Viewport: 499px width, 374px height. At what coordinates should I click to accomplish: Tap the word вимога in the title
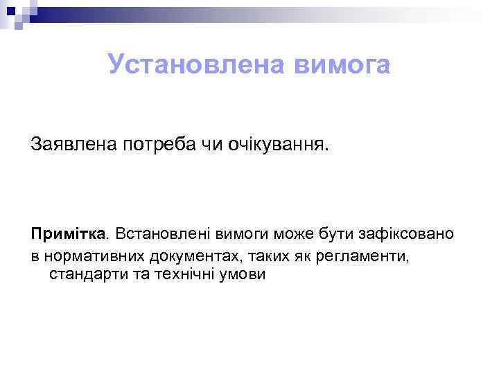pyautogui.click(x=342, y=65)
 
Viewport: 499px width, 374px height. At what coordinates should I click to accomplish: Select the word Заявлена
pyautogui.click(x=74, y=145)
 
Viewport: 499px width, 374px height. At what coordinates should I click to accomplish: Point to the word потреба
pyautogui.click(x=161, y=145)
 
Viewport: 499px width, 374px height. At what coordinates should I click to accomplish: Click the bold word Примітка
pyautogui.click(x=69, y=233)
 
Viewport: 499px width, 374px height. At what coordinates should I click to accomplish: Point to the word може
pyautogui.click(x=279, y=233)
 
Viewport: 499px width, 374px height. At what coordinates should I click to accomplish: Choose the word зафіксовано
pyautogui.click(x=402, y=233)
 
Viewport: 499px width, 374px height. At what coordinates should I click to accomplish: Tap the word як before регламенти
pyautogui.click(x=296, y=256)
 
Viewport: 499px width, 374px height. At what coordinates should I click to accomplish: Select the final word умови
pyautogui.click(x=239, y=274)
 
